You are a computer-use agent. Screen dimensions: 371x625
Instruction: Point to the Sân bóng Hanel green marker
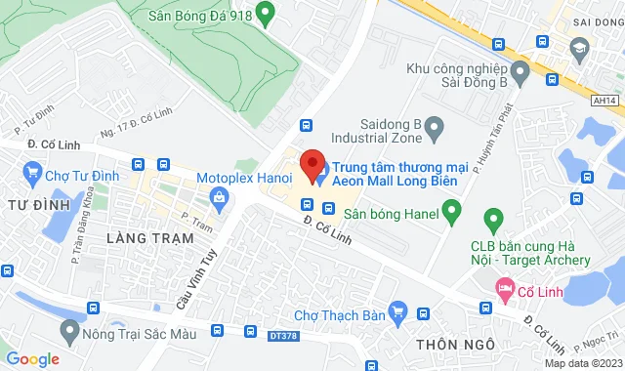451,209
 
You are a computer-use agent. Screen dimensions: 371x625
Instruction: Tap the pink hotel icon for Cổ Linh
504,288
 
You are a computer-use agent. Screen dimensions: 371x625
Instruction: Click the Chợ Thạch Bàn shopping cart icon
396,312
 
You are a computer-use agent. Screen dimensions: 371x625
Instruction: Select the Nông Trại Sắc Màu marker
69,333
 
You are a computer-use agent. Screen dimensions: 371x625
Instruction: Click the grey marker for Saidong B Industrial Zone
437,125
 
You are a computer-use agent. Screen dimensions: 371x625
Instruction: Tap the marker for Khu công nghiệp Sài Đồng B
520,70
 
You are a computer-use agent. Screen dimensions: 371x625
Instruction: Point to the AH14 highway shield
604,100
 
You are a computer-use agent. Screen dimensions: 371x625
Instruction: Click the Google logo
32,359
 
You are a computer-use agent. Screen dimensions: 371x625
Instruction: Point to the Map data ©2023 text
582,363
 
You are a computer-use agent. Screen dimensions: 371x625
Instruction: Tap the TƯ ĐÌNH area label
38,204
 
